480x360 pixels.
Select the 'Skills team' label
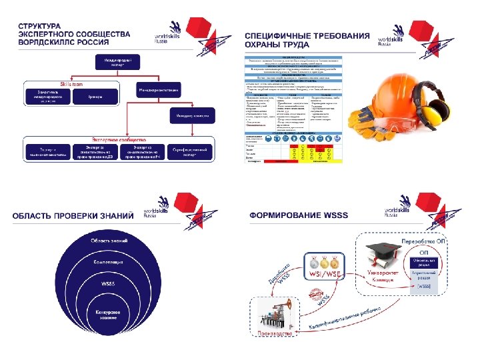[72, 85]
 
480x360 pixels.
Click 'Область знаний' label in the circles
[105, 239]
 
